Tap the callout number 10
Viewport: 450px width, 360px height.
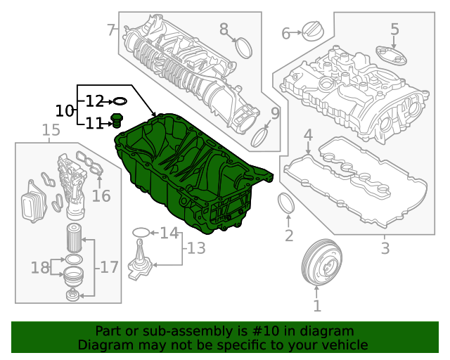[x=64, y=111]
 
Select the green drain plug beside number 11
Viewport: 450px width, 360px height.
[x=117, y=123]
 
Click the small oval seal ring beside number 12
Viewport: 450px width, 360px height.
[x=120, y=102]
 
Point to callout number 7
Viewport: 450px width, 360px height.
[x=110, y=30]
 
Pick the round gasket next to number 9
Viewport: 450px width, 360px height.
[x=260, y=136]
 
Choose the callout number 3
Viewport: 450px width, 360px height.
[x=385, y=248]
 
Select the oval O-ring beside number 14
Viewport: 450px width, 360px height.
[x=141, y=232]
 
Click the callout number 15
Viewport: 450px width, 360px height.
[x=51, y=130]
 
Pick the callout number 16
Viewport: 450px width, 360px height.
[x=101, y=195]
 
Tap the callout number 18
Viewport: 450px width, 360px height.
[x=39, y=267]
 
